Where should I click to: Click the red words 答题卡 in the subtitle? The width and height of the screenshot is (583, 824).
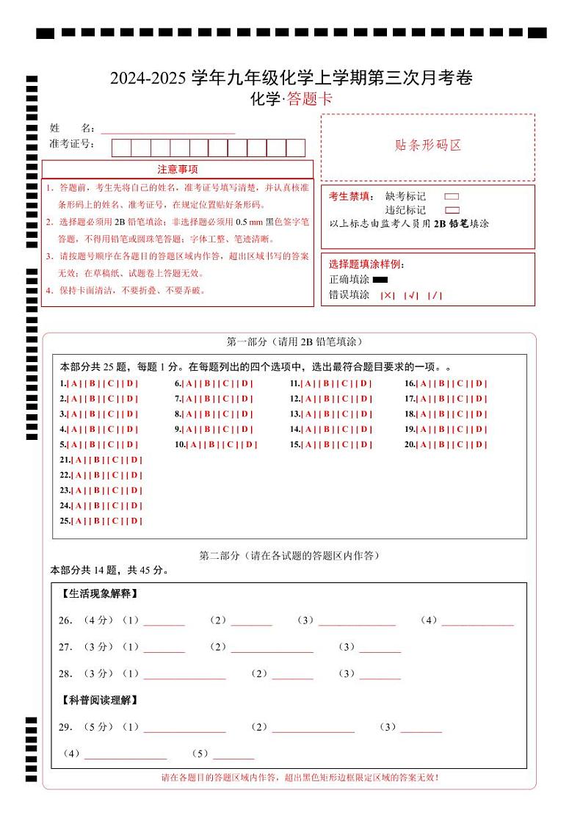tap(309, 99)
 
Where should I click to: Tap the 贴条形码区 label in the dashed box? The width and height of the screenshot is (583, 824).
tap(428, 145)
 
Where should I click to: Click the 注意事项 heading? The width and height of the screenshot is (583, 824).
tap(178, 170)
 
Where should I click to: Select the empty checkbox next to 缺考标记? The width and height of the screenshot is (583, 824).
tap(452, 197)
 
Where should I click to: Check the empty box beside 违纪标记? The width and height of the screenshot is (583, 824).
tap(452, 210)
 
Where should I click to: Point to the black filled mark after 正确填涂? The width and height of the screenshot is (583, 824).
tap(380, 280)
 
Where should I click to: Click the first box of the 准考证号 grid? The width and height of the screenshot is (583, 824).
tap(121, 148)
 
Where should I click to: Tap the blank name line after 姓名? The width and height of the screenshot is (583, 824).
tap(167, 129)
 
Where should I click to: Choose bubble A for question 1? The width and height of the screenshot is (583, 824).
tap(74, 383)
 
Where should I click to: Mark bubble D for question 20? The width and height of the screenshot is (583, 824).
tap(479, 444)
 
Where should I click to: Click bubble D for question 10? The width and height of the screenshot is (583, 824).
tap(250, 444)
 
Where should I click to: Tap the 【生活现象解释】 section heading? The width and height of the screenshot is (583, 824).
tap(98, 593)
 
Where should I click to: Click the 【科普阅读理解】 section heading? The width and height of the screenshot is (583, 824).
tap(98, 701)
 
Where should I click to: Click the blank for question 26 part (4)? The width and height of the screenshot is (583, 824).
tap(477, 621)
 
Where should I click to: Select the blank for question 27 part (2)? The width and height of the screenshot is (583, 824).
tap(272, 648)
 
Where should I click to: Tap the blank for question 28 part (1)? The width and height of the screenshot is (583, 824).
tap(184, 674)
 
